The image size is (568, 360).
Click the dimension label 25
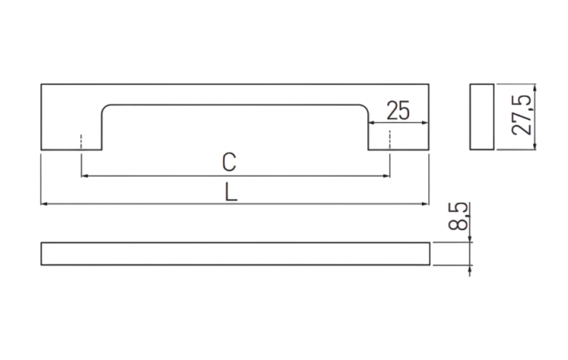coord(398,110)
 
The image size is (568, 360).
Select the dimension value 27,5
coord(522,115)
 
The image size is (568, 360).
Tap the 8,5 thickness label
coord(458,216)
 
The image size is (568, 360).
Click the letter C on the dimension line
coord(230,162)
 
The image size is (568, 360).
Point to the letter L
coord(230,192)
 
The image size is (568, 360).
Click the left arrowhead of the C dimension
coord(85,176)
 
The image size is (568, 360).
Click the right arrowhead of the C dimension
coord(386,176)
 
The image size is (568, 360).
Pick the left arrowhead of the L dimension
coord(45,204)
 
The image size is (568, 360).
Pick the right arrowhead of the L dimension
coord(425,204)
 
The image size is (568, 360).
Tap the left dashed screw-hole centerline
coord(81,142)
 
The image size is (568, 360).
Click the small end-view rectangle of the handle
coord(482,117)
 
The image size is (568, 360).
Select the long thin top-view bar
coord(235,254)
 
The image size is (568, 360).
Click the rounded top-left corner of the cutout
coord(105,108)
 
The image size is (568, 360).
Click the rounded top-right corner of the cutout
coord(365,108)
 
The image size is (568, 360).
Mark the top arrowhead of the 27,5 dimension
coord(535,88)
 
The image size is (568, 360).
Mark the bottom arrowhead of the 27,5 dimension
coord(535,146)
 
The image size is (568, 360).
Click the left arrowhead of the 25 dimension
coord(372,123)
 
